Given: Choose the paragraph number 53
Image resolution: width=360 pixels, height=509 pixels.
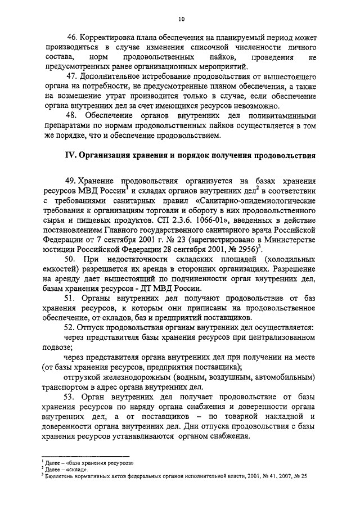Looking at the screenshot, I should pyautogui.click(x=72, y=397).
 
